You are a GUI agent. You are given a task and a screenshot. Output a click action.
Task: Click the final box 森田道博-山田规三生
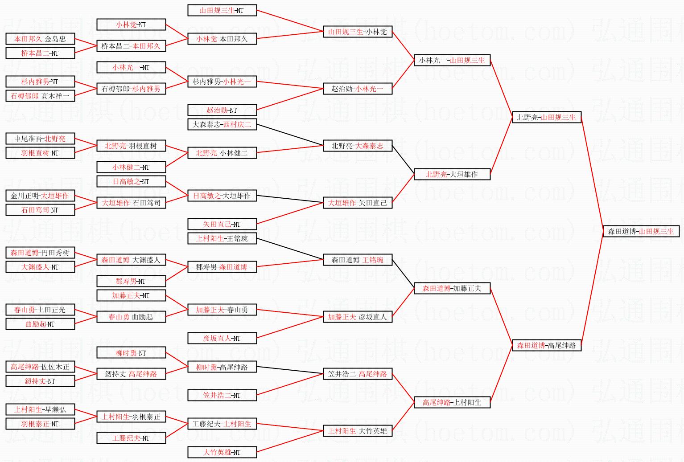[x=641, y=231]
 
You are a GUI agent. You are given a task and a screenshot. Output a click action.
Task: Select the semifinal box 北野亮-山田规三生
[x=546, y=117]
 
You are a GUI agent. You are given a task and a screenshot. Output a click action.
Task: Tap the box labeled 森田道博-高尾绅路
[x=546, y=345]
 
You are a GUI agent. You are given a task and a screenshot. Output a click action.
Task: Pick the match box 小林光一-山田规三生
[x=452, y=60]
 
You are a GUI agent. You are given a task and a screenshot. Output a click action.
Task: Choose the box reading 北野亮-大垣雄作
[x=452, y=174]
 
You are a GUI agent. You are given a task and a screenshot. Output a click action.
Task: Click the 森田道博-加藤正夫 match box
[x=452, y=288]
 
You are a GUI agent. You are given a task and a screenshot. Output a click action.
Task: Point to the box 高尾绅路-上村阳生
[x=452, y=402]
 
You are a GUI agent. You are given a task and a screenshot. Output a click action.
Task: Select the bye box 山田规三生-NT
[x=222, y=10]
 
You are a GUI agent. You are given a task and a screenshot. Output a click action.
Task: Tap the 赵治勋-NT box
[x=222, y=110]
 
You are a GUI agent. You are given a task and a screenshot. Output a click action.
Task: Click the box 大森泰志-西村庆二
[x=222, y=124]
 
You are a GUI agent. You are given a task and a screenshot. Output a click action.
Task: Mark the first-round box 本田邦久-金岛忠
[x=40, y=39]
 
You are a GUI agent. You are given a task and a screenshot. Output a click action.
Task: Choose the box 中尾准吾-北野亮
[x=40, y=139]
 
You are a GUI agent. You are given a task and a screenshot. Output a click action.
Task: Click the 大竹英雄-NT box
[x=222, y=452]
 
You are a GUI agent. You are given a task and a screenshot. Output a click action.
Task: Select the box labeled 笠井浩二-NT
[x=222, y=395]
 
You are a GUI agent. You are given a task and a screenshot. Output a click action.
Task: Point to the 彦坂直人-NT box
[x=222, y=338]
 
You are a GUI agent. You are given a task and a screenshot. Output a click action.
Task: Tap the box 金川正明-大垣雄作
[x=40, y=196]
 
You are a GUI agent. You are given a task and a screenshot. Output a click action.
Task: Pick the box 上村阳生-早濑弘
[x=40, y=409]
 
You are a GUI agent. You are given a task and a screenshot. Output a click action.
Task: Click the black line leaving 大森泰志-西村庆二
[x=290, y=135]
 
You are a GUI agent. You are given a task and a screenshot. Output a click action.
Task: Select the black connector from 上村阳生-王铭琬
[x=290, y=249]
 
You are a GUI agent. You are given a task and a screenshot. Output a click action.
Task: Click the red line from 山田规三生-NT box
[x=290, y=20]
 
